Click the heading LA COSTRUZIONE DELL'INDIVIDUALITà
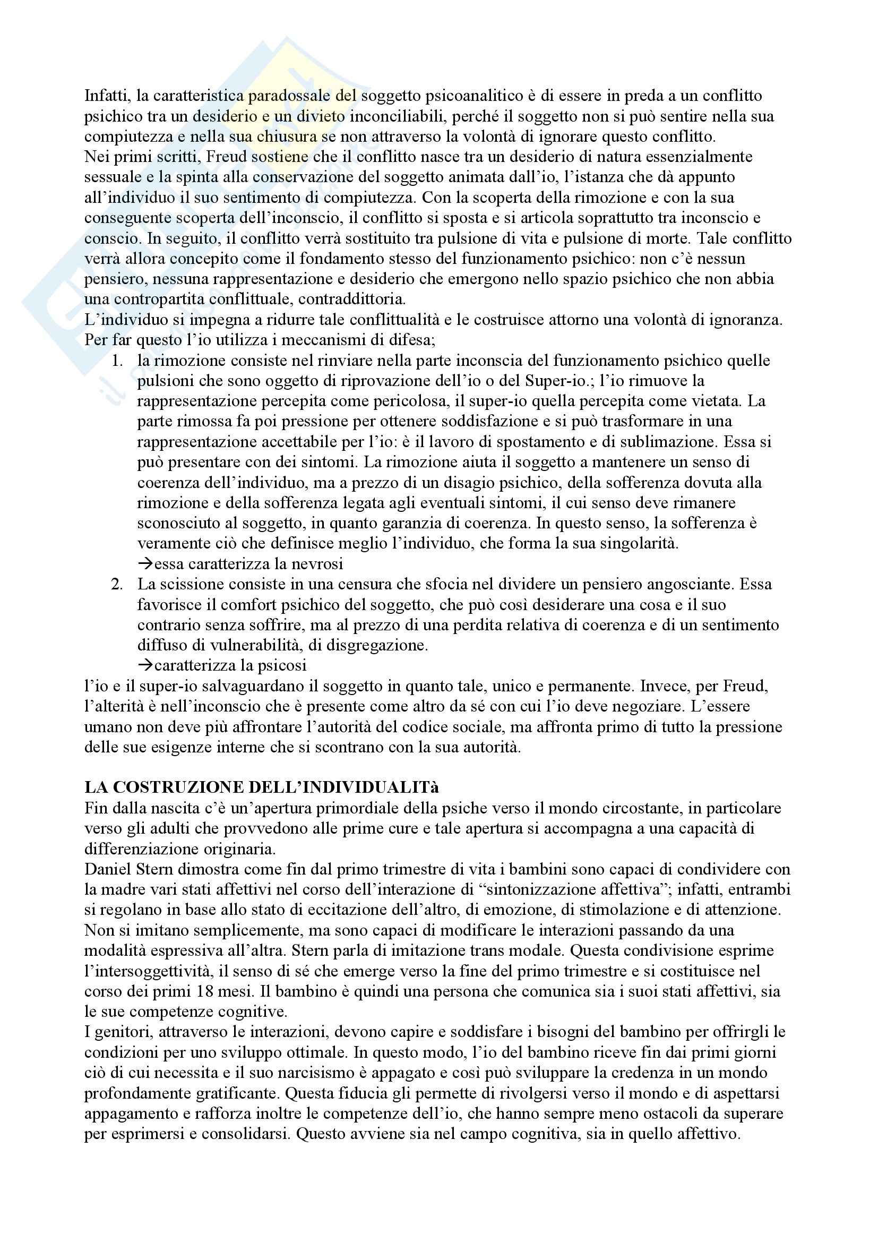click(x=262, y=787)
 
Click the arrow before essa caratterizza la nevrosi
click(x=145, y=564)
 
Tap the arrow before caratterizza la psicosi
click(x=145, y=665)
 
